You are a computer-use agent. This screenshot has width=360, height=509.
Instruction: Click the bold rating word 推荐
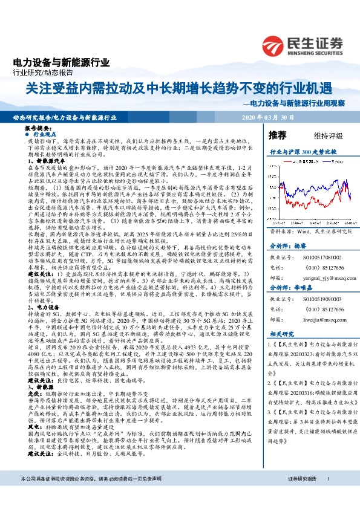277,134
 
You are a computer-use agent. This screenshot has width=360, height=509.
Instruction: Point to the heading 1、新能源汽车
48,161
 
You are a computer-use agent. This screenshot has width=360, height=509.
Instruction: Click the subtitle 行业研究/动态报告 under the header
39,73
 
